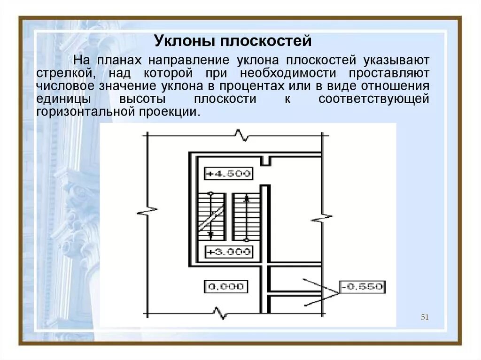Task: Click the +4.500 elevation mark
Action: (229, 173)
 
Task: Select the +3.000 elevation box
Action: (229, 252)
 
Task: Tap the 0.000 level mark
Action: (226, 286)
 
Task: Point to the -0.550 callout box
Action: (362, 286)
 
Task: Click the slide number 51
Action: (425, 317)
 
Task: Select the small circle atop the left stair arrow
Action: (211, 193)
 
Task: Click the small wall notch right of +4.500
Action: (266, 161)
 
